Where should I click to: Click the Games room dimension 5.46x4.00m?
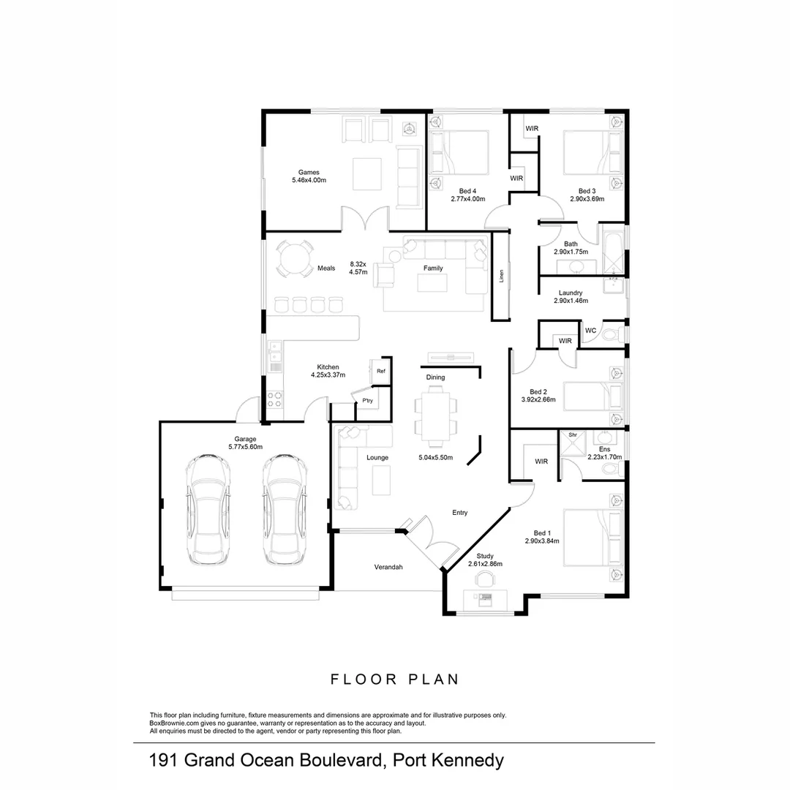point(308,180)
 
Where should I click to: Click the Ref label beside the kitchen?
point(380,372)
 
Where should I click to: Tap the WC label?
point(591,331)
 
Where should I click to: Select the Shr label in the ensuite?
point(573,435)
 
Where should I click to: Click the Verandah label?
point(388,567)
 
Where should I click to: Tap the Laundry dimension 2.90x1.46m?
point(571,301)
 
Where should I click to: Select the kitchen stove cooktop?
point(274,399)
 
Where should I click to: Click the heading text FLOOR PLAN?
point(395,680)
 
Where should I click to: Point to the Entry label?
point(459,513)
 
